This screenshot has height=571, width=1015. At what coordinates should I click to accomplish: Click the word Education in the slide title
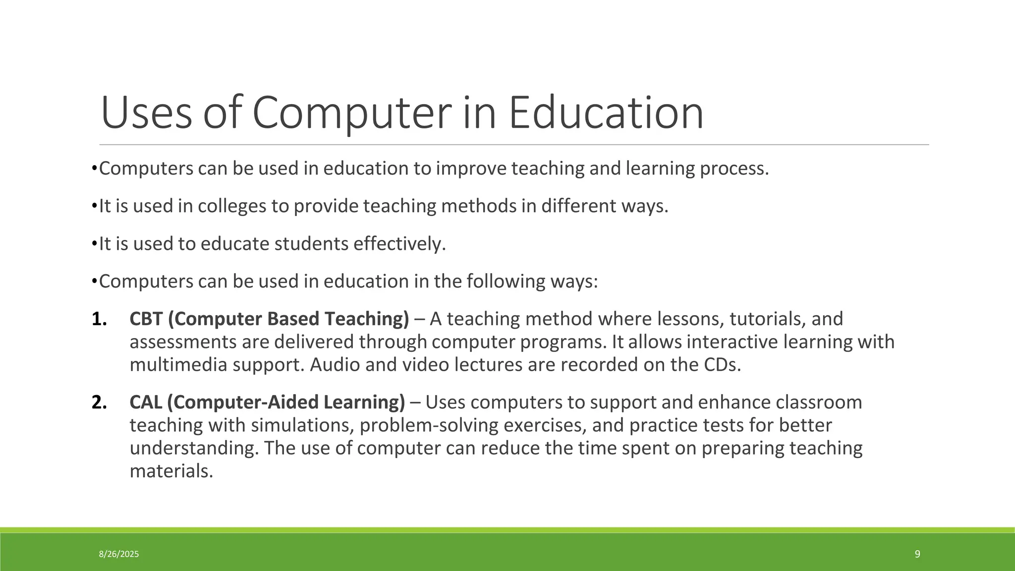[606, 113]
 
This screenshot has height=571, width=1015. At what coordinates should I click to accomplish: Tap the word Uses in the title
[146, 113]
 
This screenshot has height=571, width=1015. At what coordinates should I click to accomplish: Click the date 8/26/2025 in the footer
[119, 554]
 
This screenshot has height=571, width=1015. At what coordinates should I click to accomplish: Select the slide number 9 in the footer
[917, 554]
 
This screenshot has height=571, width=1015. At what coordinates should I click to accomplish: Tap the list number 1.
[99, 319]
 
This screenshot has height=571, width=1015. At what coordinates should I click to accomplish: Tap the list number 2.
[99, 402]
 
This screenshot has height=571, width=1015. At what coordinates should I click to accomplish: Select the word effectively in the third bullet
[399, 244]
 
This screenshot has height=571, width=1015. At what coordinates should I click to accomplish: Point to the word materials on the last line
[171, 471]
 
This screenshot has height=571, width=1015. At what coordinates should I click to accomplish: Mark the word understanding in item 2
[194, 448]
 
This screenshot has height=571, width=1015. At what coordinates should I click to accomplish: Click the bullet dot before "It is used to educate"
[94, 244]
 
